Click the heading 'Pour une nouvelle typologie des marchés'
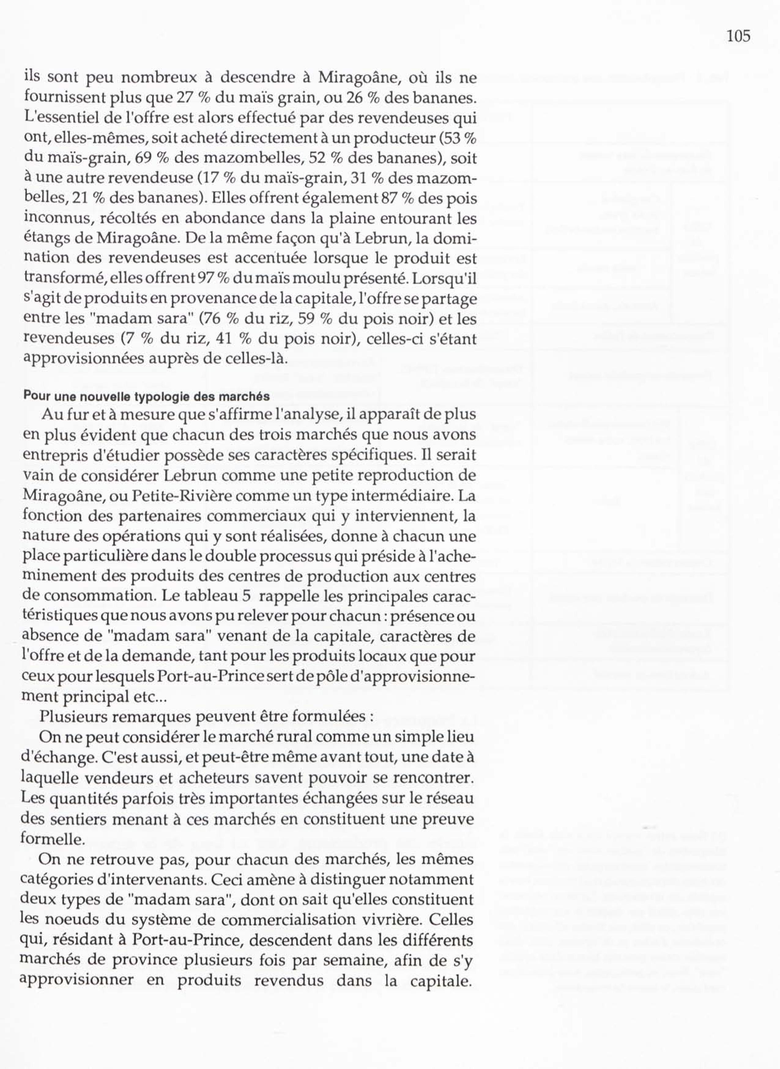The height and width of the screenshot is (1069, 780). tap(147, 396)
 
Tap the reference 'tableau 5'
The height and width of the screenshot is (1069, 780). tap(219, 596)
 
